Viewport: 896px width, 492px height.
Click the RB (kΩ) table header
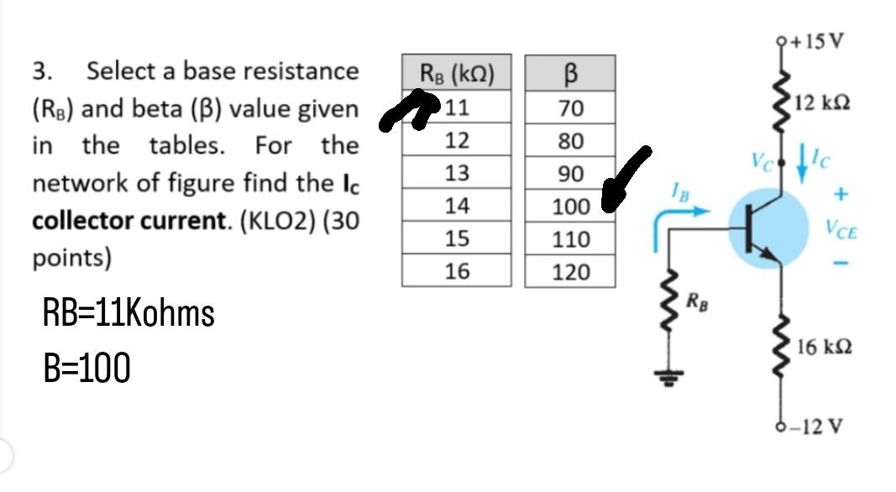coord(456,76)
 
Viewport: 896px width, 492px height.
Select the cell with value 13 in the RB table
coord(456,174)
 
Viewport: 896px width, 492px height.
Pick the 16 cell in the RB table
coord(456,271)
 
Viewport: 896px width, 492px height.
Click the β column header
coord(570,75)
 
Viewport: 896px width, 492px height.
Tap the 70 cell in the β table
coord(570,108)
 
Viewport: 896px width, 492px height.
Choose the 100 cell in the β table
coord(570,207)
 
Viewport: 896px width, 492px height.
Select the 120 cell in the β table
coord(570,272)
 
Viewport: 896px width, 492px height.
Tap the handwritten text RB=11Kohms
coord(128,314)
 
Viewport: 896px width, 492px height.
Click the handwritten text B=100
coord(86,368)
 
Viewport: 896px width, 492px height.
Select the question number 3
coord(41,71)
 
